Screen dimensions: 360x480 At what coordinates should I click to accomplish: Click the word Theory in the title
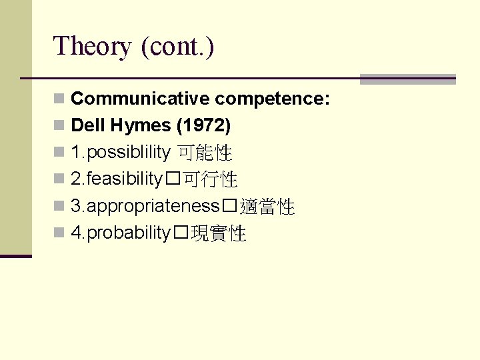point(93,47)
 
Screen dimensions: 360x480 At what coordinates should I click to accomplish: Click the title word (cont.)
point(177,47)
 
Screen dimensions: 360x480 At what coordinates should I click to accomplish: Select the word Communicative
point(141,99)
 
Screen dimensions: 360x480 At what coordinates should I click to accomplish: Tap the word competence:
point(273,99)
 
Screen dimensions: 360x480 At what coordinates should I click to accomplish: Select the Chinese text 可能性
point(204,153)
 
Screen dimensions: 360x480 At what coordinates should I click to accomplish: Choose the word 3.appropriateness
point(145,206)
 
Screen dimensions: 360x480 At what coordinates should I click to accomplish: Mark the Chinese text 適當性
point(267,207)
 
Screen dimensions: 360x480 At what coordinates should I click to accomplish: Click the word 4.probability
point(121,233)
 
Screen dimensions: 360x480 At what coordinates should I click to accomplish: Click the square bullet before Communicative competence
point(59,99)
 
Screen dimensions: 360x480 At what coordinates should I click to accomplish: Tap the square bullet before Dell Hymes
point(59,126)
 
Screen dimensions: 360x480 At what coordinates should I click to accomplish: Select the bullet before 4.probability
point(59,233)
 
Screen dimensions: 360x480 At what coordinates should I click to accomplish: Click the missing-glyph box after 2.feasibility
point(172,180)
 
